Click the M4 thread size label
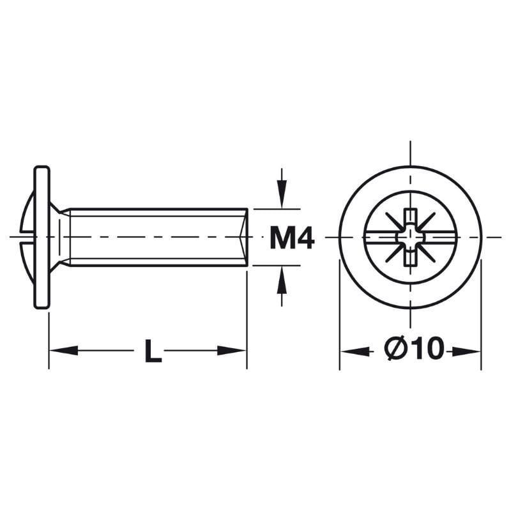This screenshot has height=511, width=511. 292,238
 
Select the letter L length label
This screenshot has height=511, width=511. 153,351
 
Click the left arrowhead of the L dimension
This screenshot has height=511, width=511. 64,351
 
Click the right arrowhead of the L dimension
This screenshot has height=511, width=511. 231,351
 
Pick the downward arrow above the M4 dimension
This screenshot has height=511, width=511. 282,188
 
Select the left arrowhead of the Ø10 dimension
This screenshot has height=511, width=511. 355,351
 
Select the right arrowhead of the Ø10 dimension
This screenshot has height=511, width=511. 466,351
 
